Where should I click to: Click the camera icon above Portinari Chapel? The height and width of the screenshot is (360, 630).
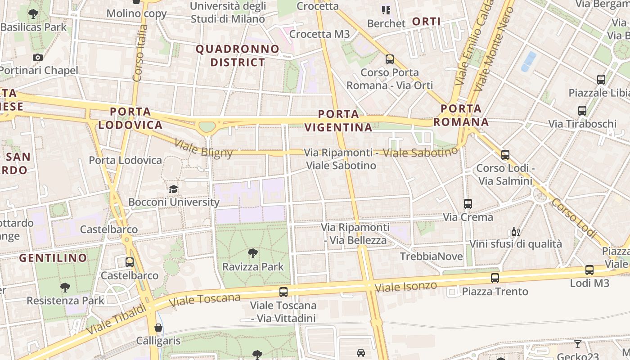point(38,57)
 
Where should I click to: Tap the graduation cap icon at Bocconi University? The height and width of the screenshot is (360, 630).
point(174,189)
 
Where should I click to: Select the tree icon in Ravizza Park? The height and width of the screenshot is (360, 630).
point(253,253)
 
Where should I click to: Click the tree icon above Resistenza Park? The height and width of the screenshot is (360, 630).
point(65,287)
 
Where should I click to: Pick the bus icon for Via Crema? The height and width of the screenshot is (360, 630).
point(468,204)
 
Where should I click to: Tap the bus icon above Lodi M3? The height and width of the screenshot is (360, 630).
point(589,270)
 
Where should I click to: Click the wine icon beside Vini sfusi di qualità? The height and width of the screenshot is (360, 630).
point(516,232)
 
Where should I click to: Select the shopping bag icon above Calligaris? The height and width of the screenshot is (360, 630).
point(158,328)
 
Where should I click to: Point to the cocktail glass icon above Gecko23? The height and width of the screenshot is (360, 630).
point(578,344)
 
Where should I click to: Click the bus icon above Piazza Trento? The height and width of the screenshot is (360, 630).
point(495,278)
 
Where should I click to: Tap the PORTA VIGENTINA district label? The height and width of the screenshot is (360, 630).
point(338,121)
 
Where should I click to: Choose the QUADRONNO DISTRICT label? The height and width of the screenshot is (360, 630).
point(238,55)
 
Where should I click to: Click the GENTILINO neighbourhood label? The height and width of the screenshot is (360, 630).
point(53,258)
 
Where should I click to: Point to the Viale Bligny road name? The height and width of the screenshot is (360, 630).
point(203,148)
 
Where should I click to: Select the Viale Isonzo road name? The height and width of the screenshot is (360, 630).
point(406,287)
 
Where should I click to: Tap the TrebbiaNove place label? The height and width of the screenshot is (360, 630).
point(432,256)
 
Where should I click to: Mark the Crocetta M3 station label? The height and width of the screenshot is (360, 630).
point(319,34)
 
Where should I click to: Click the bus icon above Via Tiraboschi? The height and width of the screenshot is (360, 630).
point(582,111)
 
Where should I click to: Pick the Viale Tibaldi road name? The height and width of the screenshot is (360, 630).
point(117,319)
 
